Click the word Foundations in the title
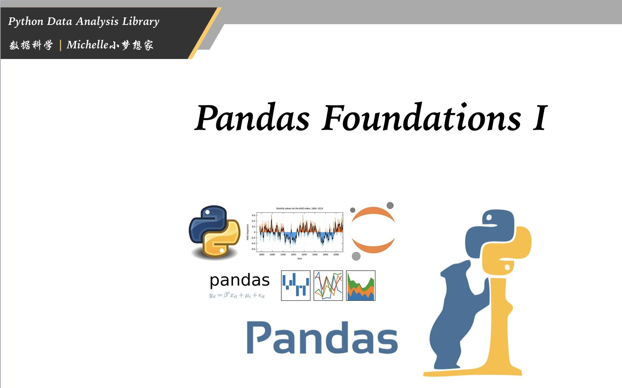coord(422,118)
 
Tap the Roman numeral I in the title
coord(540,118)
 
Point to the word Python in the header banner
coord(26,22)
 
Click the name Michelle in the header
coord(87,45)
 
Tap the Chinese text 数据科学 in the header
coord(31,45)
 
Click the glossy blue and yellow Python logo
coord(214,232)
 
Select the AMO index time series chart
coord(299,232)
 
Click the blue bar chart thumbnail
coord(295,286)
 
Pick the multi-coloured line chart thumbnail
coord(328,286)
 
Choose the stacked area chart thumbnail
coord(361,286)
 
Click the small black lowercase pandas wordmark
coord(239,281)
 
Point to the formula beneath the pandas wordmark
coord(237,295)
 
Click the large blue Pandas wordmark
coord(322,338)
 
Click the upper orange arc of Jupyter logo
coord(373,213)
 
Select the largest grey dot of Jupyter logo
coord(356,256)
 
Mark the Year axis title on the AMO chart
coord(300,259)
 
